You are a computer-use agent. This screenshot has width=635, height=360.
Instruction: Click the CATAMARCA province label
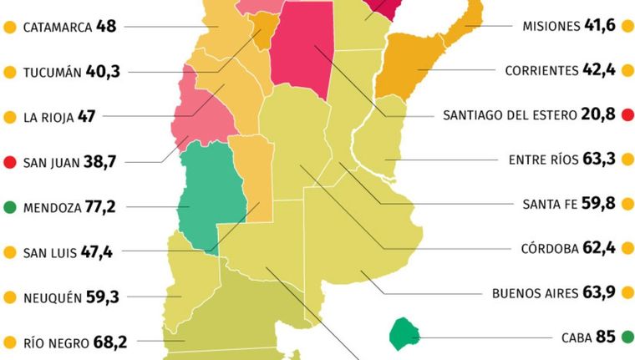58,27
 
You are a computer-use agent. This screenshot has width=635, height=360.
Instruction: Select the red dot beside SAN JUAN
10,161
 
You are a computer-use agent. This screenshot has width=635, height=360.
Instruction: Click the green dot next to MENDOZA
10,206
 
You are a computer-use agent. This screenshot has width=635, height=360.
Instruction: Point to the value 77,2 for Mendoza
103,206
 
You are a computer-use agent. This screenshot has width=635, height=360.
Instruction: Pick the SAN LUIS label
49,251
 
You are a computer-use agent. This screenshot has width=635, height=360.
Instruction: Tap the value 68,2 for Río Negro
103,341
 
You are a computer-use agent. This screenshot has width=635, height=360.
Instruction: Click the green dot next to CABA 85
626,337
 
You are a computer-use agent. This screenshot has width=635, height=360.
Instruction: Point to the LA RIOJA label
48,117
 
